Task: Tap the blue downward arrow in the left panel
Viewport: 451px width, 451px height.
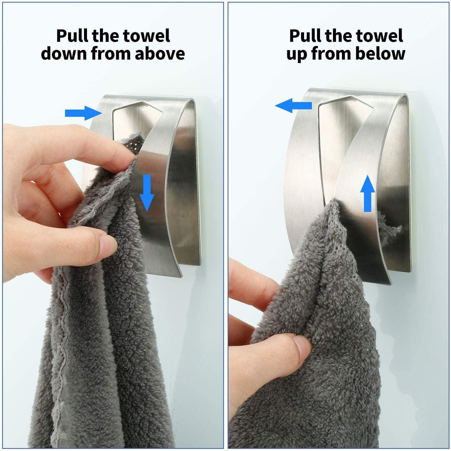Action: pyautogui.click(x=147, y=193)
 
